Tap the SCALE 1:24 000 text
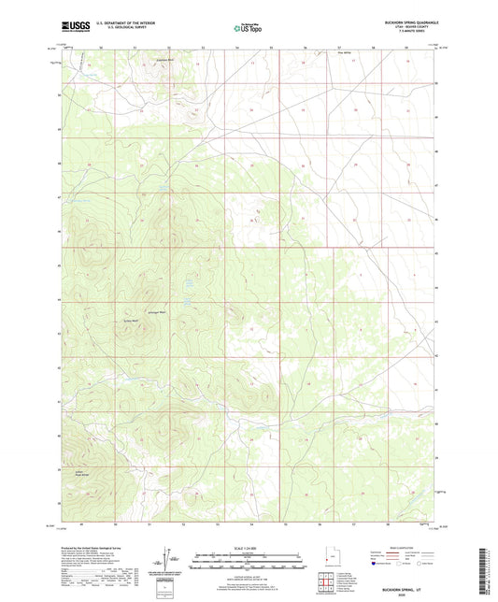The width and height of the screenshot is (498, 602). point(249,548)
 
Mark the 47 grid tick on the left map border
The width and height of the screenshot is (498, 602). point(57,198)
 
